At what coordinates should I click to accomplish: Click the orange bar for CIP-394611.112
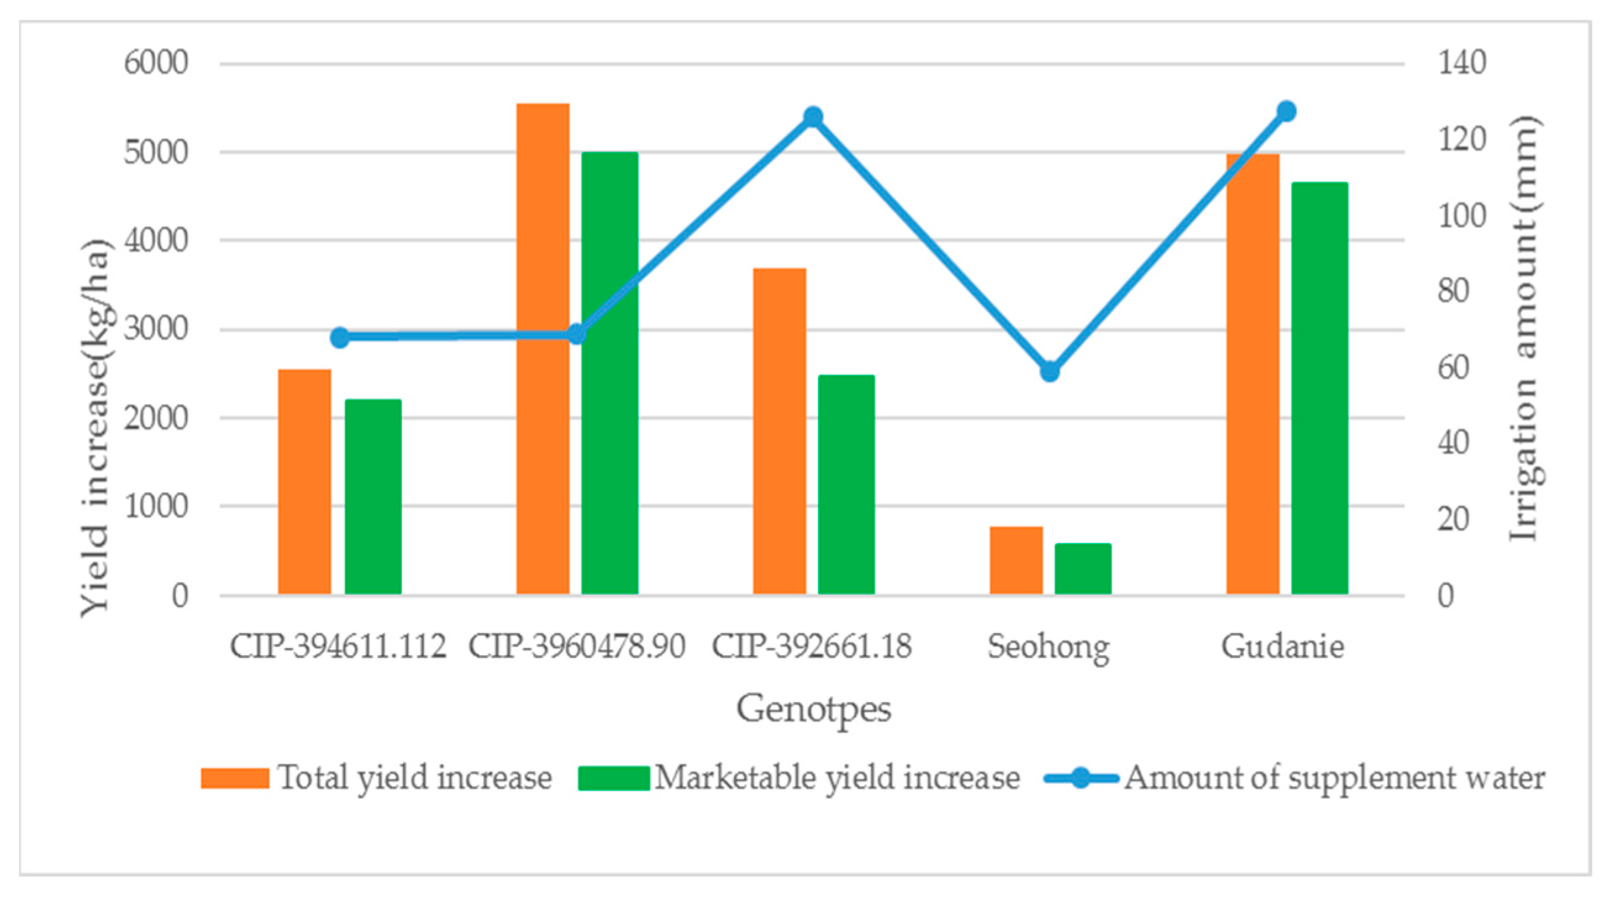click(x=304, y=482)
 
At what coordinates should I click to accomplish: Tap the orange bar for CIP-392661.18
click(x=779, y=431)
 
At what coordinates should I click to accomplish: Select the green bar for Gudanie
click(x=1320, y=388)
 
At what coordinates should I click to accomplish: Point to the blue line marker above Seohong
click(x=1050, y=372)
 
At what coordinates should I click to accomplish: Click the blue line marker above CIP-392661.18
click(x=813, y=117)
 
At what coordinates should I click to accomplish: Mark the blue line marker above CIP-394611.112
click(x=339, y=338)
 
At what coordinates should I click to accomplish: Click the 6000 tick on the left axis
click(x=156, y=64)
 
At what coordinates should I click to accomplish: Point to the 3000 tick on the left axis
click(x=156, y=330)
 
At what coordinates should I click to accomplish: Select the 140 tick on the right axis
click(x=1462, y=64)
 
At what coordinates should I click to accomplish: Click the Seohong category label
click(x=1049, y=647)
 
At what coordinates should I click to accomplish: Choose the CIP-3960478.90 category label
click(x=577, y=647)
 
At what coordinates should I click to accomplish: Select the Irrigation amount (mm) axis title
click(x=1524, y=329)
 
